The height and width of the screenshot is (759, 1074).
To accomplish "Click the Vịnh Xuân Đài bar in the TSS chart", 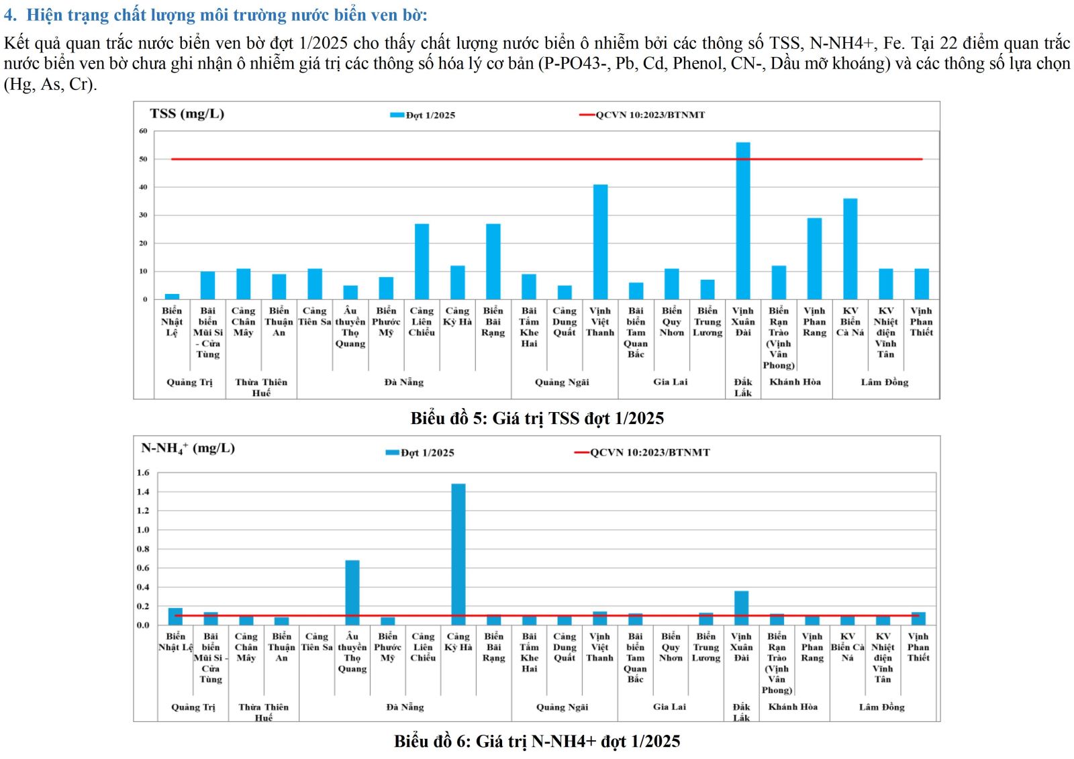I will pyautogui.click(x=743, y=221).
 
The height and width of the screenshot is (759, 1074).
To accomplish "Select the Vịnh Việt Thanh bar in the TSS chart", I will pyautogui.click(x=600, y=242).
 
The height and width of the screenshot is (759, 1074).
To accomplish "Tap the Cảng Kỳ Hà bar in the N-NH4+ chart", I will pyautogui.click(x=458, y=554).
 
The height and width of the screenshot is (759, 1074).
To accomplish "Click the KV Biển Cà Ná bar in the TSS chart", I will pyautogui.click(x=850, y=249).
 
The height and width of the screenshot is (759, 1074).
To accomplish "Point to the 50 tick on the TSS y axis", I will pyautogui.click(x=143, y=160).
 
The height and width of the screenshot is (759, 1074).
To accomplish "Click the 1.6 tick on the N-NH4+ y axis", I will pyautogui.click(x=143, y=472).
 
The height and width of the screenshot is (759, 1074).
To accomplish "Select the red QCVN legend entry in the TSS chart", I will pyautogui.click(x=642, y=115).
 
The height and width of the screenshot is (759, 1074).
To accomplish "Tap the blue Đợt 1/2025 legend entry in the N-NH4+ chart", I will pyautogui.click(x=420, y=453).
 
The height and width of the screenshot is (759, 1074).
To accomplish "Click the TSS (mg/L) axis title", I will pyautogui.click(x=187, y=113).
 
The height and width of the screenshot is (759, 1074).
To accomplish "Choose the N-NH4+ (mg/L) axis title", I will pyautogui.click(x=188, y=448).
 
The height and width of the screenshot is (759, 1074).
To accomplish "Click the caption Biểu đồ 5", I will pyautogui.click(x=537, y=419).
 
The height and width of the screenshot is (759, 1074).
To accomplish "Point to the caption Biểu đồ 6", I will pyautogui.click(x=537, y=742).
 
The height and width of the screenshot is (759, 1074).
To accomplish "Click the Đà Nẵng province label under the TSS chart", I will pyautogui.click(x=404, y=383).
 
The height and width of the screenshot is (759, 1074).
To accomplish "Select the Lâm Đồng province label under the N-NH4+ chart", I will pyautogui.click(x=881, y=707).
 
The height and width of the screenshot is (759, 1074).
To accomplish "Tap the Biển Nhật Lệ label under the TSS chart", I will pyautogui.click(x=172, y=321).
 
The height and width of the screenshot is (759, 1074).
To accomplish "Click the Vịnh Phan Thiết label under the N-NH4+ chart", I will pyautogui.click(x=918, y=647).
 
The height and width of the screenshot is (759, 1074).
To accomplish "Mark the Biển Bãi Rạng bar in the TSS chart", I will pyautogui.click(x=493, y=262).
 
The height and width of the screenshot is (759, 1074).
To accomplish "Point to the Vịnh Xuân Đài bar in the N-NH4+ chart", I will pyautogui.click(x=742, y=608).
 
